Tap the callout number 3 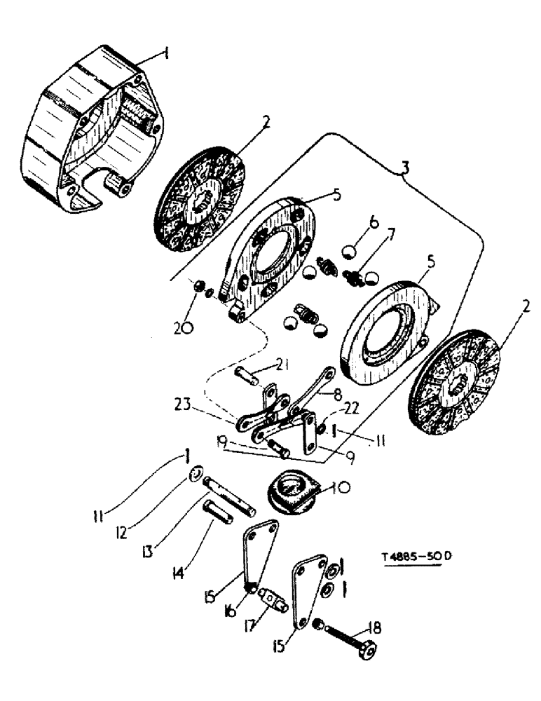click(406, 169)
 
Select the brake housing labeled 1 click(91, 137)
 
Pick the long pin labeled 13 click(226, 489)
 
